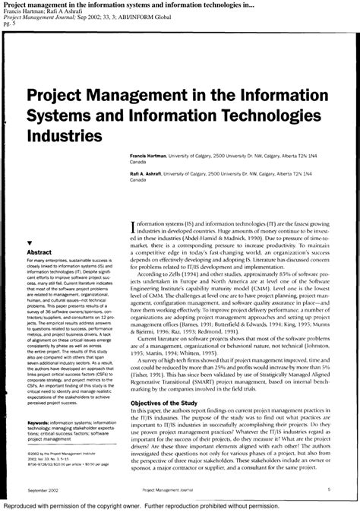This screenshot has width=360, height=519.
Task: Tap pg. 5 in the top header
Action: [10, 24]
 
